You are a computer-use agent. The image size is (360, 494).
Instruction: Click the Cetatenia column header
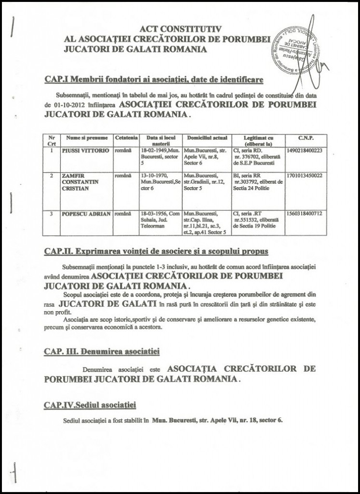coord(127,138)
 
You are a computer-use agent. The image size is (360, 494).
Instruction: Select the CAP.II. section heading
coord(155,251)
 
